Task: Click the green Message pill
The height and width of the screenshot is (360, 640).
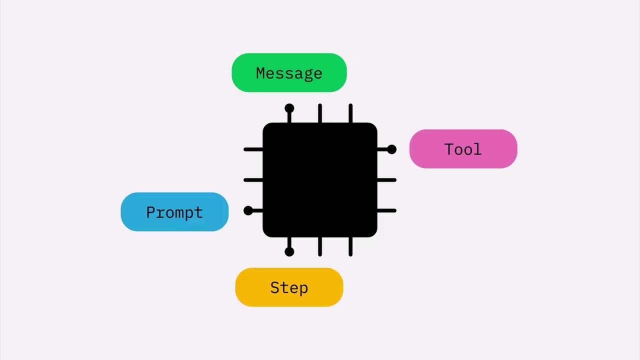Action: click(289, 72)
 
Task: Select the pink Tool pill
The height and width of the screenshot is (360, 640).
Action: click(463, 149)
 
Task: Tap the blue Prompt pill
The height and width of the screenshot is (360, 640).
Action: click(174, 212)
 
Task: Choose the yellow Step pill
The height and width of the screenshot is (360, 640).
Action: click(289, 287)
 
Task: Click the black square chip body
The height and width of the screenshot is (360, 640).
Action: click(320, 180)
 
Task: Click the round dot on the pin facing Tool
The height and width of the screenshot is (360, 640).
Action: click(391, 149)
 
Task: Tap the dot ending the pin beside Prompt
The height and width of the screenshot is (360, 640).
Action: click(248, 210)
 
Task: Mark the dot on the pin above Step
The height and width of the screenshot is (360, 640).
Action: click(289, 251)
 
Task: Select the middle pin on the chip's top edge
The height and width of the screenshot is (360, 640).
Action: click(320, 113)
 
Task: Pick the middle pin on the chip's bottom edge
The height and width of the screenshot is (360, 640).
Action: click(320, 246)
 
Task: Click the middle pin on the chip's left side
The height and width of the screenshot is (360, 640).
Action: click(253, 180)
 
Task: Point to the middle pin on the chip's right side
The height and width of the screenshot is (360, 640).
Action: click(386, 180)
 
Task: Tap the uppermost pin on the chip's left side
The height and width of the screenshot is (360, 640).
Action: click(253, 149)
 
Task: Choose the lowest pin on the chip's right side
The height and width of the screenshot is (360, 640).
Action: click(386, 210)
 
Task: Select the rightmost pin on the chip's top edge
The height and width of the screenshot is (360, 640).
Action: click(350, 113)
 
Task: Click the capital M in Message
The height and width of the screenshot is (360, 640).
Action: click(261, 73)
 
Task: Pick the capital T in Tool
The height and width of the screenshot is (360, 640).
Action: click(449, 149)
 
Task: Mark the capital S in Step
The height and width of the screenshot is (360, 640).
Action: click(275, 287)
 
